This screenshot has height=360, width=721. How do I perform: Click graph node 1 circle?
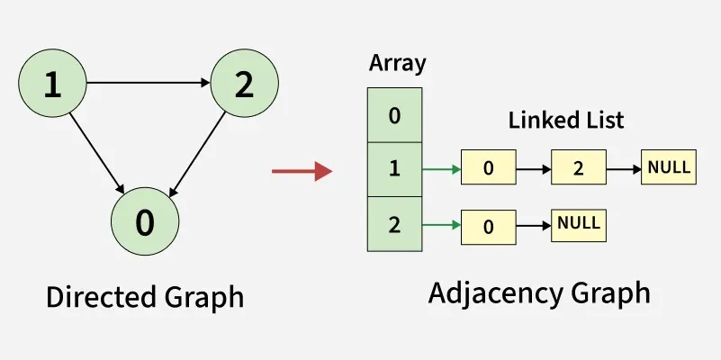[52, 85]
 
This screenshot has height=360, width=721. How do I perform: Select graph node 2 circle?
[244, 85]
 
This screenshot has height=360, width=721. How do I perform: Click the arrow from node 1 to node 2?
[149, 84]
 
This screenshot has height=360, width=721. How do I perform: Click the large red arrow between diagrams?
[302, 170]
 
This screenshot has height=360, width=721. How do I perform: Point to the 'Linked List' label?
[566, 120]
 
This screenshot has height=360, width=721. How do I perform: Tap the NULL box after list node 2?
[669, 167]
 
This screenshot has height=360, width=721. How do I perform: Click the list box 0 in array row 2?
[489, 226]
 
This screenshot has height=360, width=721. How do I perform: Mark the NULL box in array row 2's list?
[579, 223]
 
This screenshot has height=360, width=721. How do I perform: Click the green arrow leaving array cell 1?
[441, 169]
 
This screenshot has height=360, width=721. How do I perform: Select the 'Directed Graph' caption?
[145, 297]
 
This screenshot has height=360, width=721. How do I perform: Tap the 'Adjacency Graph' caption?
[539, 293]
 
